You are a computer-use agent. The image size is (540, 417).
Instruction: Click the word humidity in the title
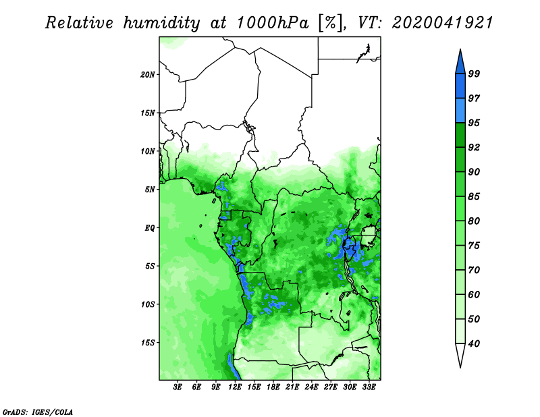161,23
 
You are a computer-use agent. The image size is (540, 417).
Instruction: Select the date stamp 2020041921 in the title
442,23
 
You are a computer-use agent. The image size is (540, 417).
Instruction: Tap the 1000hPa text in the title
272,23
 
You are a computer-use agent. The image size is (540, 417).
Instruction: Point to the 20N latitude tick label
148,74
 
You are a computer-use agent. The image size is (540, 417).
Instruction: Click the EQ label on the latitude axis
150,228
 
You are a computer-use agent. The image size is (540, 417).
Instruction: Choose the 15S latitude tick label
148,343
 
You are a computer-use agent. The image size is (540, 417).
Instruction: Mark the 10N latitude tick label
148,151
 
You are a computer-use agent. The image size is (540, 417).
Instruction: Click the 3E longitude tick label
178,387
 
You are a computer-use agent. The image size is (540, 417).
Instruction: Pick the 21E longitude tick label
292,387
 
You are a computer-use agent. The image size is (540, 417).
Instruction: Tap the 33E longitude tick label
369,387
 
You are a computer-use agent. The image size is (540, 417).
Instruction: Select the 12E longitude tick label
235,387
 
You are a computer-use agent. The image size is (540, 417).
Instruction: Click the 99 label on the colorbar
474,74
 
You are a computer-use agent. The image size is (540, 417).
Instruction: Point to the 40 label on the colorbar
474,343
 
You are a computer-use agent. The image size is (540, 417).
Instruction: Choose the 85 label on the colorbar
474,196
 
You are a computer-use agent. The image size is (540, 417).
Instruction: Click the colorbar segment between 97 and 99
460,86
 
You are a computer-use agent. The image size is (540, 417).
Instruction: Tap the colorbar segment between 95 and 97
460,111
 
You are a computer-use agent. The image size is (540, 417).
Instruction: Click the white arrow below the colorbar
460,354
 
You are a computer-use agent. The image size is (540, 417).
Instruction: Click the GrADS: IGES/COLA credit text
38,412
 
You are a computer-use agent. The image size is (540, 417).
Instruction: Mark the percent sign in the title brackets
330,23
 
